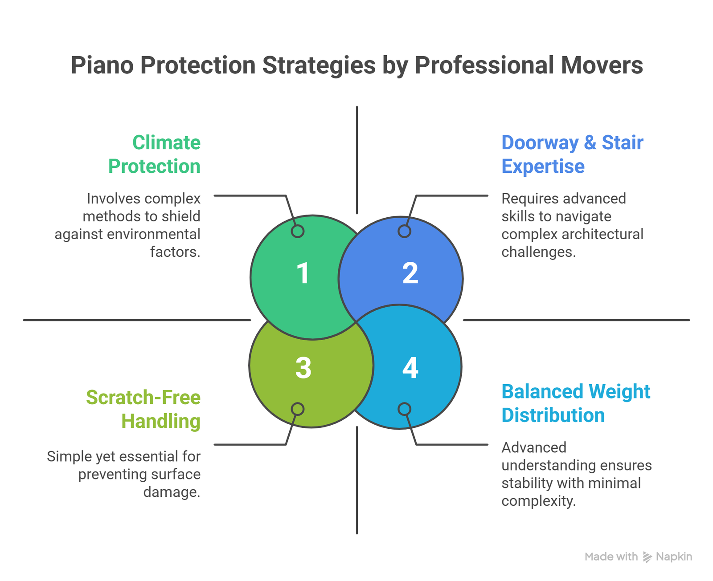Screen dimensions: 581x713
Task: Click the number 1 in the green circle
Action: click(x=303, y=273)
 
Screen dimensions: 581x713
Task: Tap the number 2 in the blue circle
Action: click(x=410, y=273)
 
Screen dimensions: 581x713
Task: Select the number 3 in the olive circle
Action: click(x=303, y=368)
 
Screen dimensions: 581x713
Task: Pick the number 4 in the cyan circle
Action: click(x=410, y=368)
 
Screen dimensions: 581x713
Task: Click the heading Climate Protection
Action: click(x=155, y=154)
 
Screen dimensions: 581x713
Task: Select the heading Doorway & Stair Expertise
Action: click(x=572, y=154)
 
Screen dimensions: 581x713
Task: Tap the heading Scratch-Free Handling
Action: click(x=143, y=409)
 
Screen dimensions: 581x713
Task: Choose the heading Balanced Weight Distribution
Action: click(x=575, y=403)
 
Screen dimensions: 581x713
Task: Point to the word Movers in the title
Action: click(x=602, y=65)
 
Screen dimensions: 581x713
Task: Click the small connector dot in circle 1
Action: click(x=298, y=231)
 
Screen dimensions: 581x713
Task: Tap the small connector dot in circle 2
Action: click(x=404, y=231)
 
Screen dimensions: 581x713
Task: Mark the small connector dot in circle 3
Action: click(x=298, y=409)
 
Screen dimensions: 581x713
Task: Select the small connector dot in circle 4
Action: click(x=404, y=409)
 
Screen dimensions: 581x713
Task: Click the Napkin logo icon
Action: click(x=647, y=557)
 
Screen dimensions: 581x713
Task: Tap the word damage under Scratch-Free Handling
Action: click(x=172, y=492)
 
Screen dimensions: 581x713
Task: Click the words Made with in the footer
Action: click(x=611, y=557)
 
